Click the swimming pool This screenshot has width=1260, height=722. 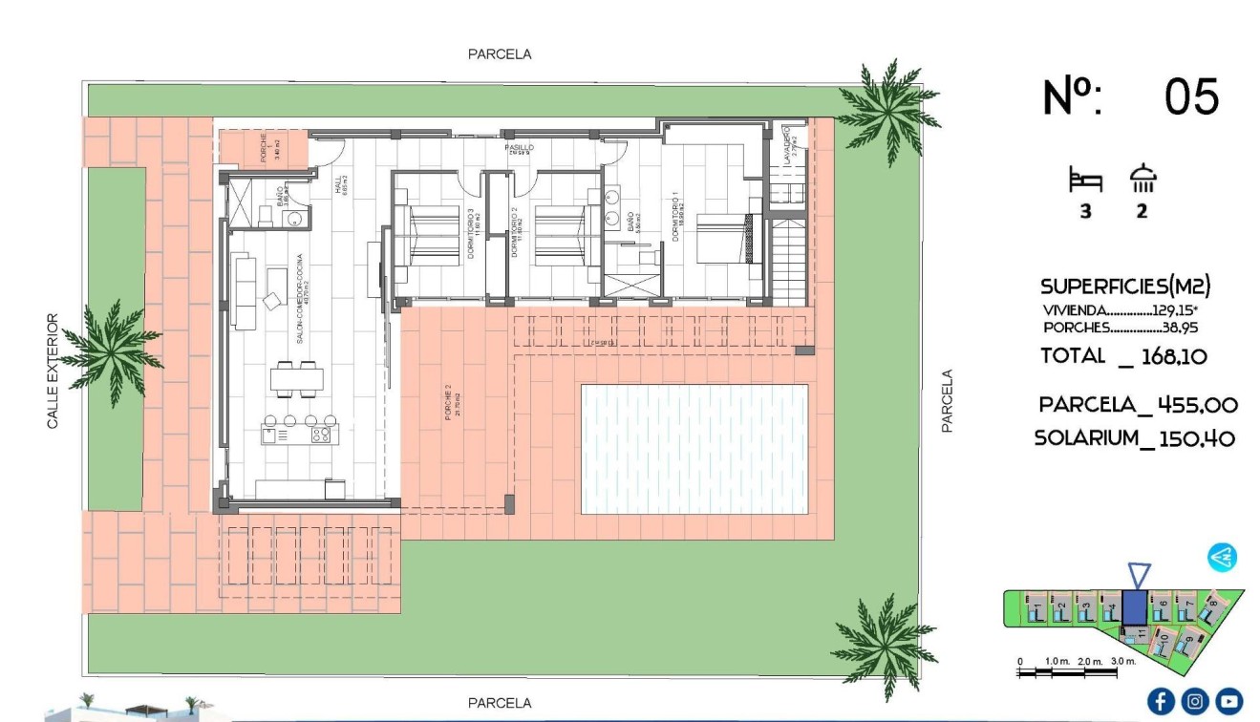click(x=694, y=449)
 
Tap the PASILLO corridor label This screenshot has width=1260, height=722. click(x=520, y=148)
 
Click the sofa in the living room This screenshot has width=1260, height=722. click(x=245, y=291)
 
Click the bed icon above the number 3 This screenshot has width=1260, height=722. click(x=1085, y=179)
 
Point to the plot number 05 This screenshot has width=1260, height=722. click(x=1191, y=97)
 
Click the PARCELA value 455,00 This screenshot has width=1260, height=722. click(x=1197, y=405)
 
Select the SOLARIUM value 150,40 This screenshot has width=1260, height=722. click(x=1197, y=438)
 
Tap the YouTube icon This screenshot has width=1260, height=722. click(x=1228, y=702)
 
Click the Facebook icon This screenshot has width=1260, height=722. click(x=1161, y=702)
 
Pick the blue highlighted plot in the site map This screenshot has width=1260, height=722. click(x=1134, y=607)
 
